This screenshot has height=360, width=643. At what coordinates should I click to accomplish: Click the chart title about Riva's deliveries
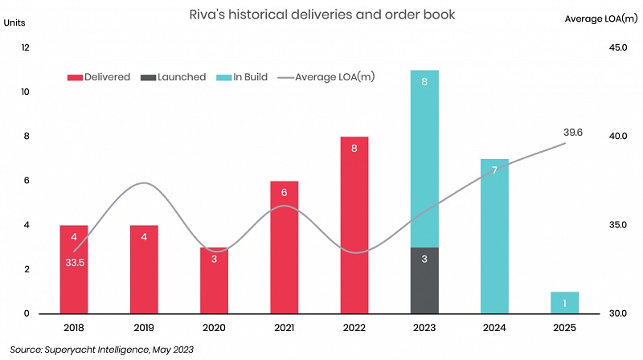(x=321, y=14)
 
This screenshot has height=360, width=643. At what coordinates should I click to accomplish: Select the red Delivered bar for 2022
(x=354, y=225)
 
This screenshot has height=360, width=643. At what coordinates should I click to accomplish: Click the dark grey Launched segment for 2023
(x=424, y=280)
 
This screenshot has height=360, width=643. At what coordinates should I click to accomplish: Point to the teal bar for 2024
(x=494, y=236)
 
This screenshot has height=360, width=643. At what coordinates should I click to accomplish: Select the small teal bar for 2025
(x=565, y=302)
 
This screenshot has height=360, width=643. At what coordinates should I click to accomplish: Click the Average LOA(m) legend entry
(x=326, y=77)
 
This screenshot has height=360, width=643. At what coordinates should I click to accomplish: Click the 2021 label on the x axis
(x=285, y=329)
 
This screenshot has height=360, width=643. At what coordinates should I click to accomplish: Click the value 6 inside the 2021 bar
(x=285, y=193)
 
